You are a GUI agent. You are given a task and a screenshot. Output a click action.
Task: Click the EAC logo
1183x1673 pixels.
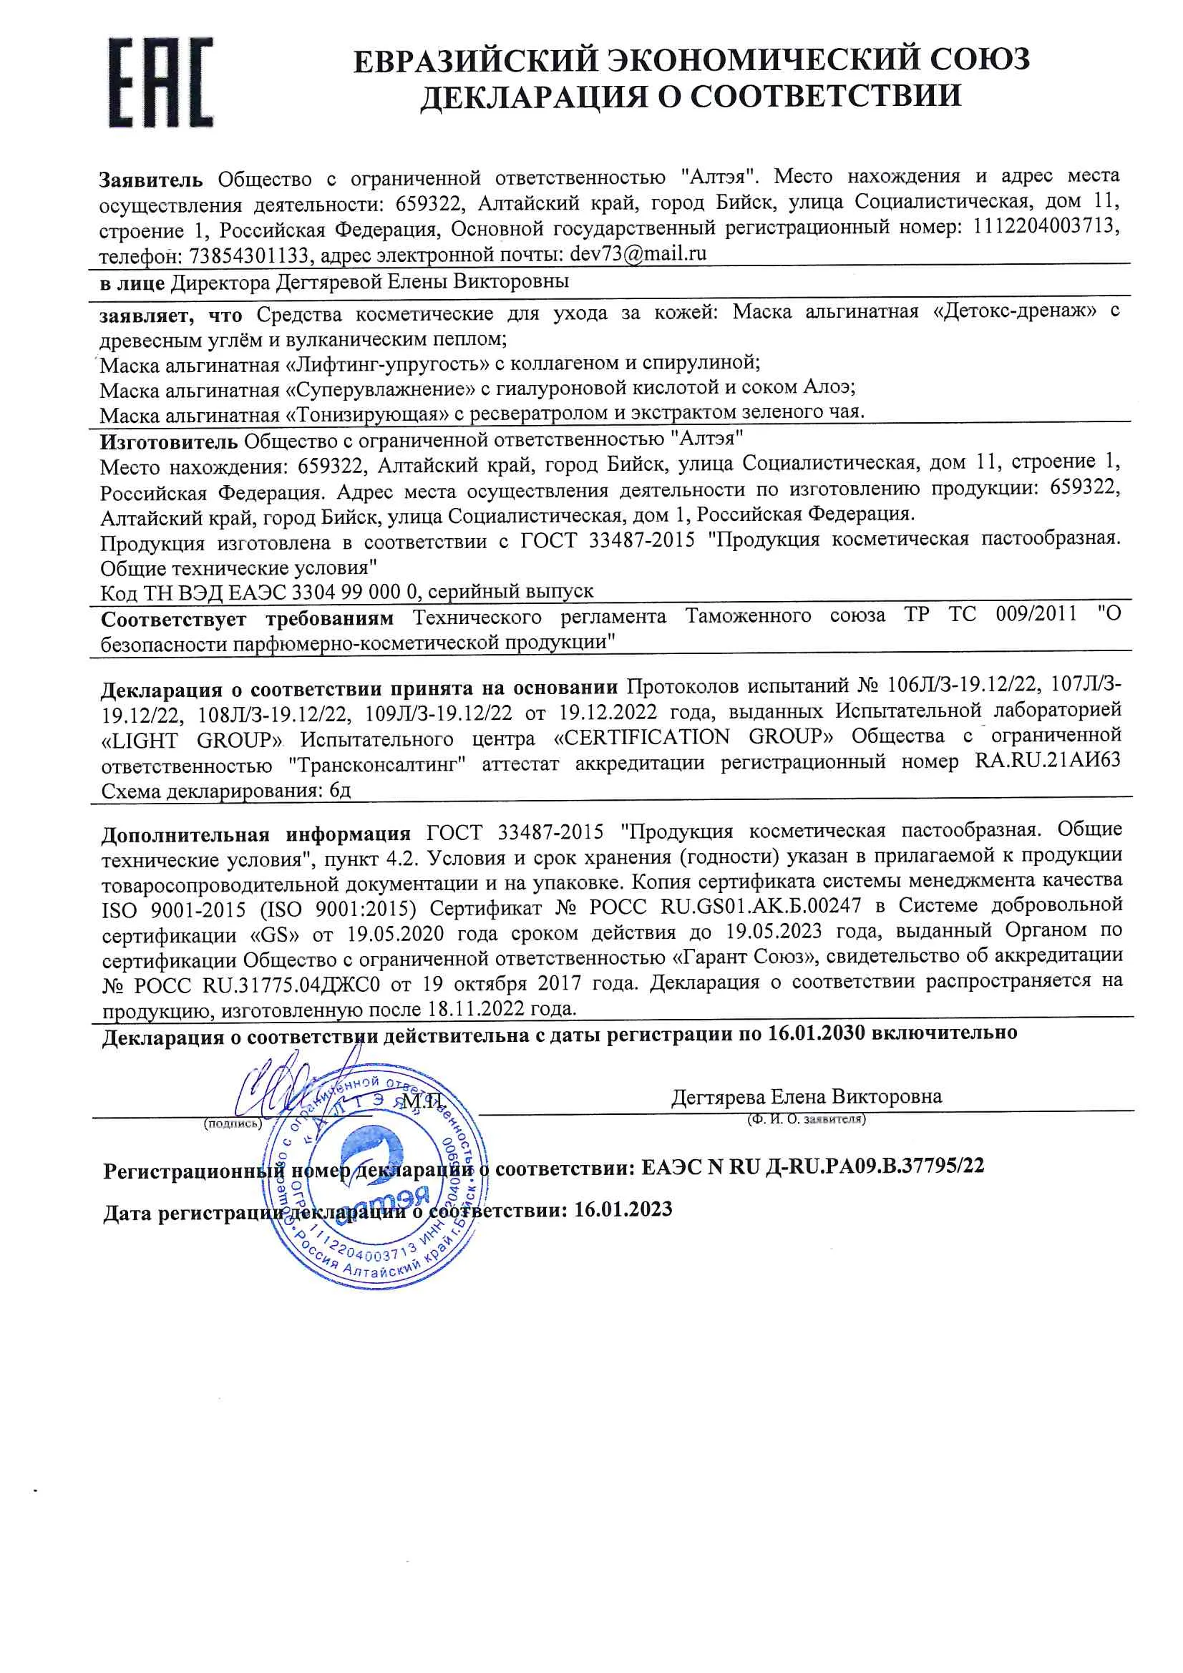[x=160, y=82]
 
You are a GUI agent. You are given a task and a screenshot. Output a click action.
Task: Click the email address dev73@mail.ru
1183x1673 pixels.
[x=638, y=253]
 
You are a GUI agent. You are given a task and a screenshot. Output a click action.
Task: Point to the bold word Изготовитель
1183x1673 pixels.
[x=168, y=442]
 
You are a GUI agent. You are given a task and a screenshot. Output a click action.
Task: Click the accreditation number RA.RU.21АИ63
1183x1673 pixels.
[x=1048, y=760]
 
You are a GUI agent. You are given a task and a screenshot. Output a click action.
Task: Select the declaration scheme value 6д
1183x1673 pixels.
[x=341, y=790]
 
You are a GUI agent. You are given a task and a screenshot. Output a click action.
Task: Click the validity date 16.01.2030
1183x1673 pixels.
[x=816, y=1033]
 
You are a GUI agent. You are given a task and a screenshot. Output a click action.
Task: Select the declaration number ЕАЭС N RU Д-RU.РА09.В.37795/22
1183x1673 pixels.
[x=812, y=1166]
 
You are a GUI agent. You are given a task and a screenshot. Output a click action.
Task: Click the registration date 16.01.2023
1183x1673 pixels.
[x=623, y=1209]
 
